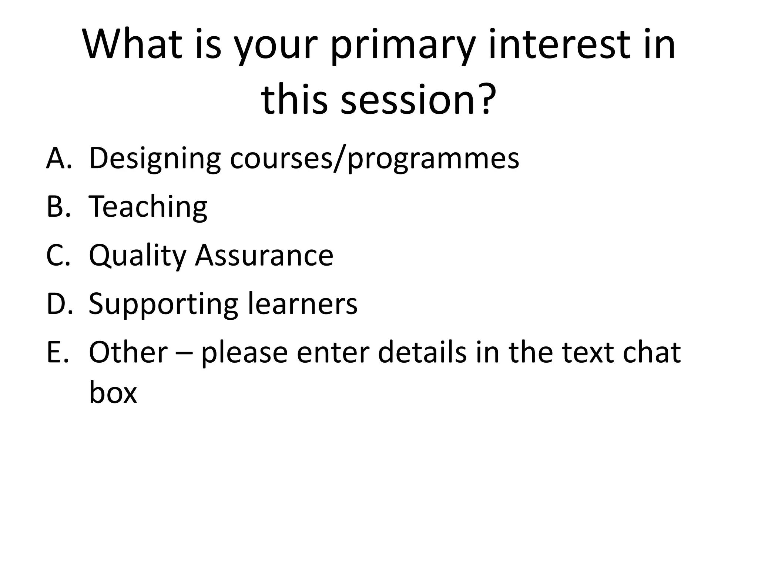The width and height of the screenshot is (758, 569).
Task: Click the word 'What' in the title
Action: point(132,44)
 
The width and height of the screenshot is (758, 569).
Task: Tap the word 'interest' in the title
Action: point(559,44)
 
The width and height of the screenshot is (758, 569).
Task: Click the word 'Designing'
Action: point(155,159)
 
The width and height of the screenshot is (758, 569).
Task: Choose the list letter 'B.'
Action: point(58,206)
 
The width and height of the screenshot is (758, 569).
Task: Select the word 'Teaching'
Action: point(148,207)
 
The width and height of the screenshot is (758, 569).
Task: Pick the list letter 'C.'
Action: point(58,255)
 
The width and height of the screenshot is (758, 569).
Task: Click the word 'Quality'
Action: point(137,256)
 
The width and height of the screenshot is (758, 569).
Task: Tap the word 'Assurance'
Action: point(264,255)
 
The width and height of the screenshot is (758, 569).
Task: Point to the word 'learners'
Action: point(302,304)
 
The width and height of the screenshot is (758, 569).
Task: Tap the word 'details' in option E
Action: point(422,352)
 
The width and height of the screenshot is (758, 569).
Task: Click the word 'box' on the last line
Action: point(113,392)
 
